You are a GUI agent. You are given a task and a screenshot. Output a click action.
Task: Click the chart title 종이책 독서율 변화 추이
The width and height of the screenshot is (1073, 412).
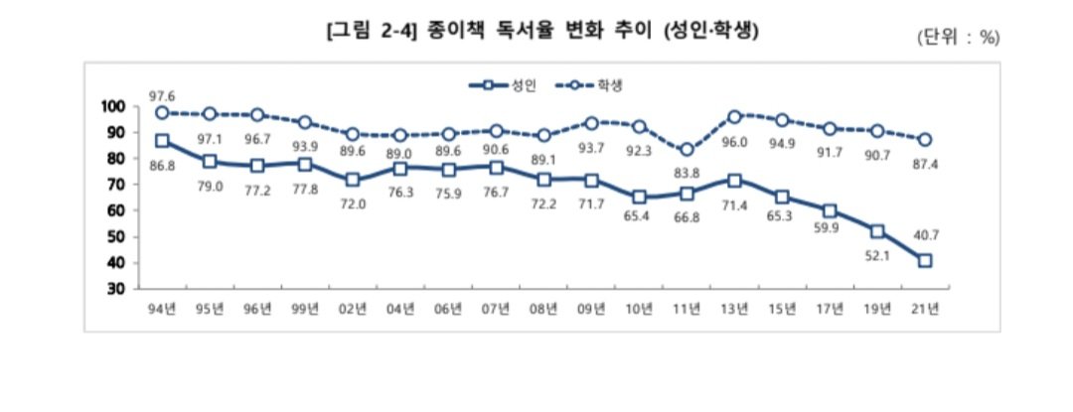(x=542, y=31)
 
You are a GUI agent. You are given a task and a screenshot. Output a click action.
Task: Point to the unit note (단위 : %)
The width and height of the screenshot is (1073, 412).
(x=958, y=37)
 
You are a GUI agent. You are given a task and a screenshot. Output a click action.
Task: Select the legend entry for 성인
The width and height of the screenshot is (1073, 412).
(x=504, y=86)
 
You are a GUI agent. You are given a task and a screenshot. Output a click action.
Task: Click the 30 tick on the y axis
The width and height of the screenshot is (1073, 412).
(x=116, y=289)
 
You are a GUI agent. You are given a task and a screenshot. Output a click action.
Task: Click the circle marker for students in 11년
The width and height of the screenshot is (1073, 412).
(x=687, y=150)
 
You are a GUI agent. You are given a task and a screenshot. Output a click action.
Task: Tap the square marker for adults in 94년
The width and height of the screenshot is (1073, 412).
(x=162, y=141)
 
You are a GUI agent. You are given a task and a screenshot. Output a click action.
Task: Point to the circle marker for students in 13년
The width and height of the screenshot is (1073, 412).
(x=735, y=117)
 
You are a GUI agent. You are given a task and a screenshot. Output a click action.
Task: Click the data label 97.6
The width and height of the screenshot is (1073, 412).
(x=162, y=95)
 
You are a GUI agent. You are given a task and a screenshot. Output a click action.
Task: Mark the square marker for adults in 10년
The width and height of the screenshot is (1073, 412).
(x=639, y=198)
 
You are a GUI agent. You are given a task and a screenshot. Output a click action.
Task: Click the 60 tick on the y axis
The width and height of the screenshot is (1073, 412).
(x=116, y=210)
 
